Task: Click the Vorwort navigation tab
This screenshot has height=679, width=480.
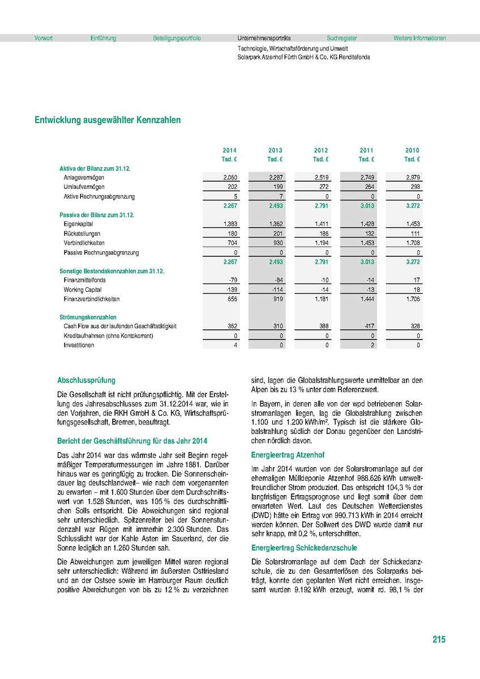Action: [x=44, y=38]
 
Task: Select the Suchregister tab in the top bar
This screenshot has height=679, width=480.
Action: [x=342, y=38]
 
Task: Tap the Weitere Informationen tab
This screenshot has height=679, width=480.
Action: [x=419, y=38]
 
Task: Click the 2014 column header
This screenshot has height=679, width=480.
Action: [x=229, y=151]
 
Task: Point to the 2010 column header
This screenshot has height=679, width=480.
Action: [x=412, y=151]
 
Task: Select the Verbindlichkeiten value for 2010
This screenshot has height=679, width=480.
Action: [x=413, y=243]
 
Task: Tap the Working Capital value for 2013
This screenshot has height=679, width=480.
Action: [x=276, y=290]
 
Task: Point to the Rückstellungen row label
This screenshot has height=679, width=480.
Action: [x=82, y=234]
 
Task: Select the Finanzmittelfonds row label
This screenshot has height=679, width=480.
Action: [x=85, y=280]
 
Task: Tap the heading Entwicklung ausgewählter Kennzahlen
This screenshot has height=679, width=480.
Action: [x=108, y=121]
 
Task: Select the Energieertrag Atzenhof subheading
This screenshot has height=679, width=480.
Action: [x=288, y=455]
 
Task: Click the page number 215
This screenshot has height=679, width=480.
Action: [x=439, y=639]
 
